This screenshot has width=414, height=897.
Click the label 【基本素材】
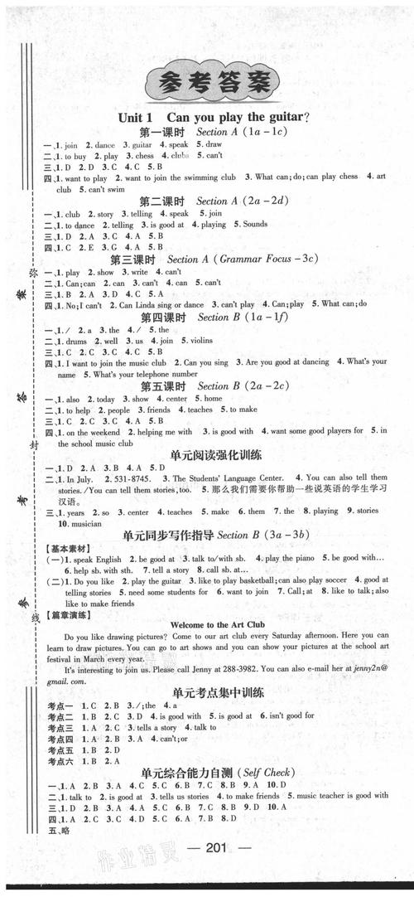coord(64,560)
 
